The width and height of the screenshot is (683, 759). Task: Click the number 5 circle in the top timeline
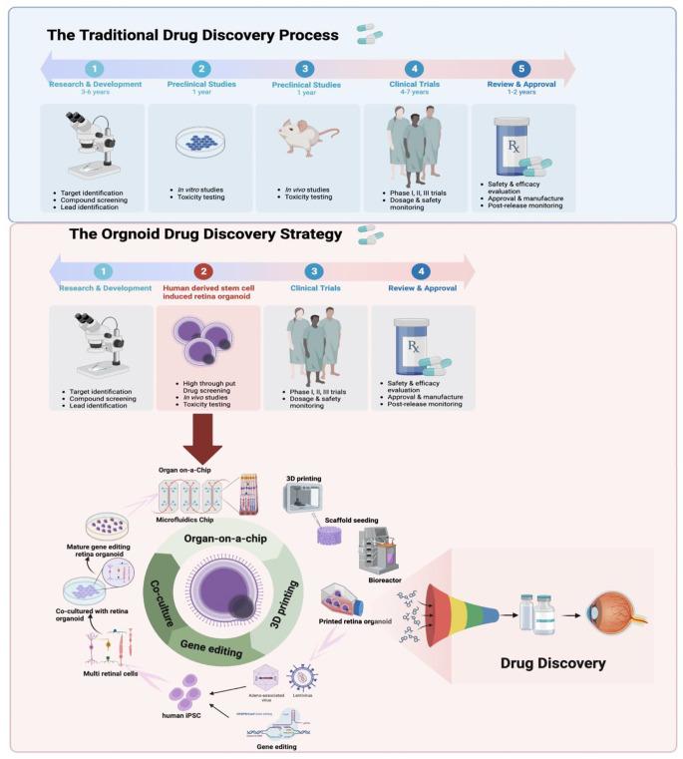click(x=519, y=69)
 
